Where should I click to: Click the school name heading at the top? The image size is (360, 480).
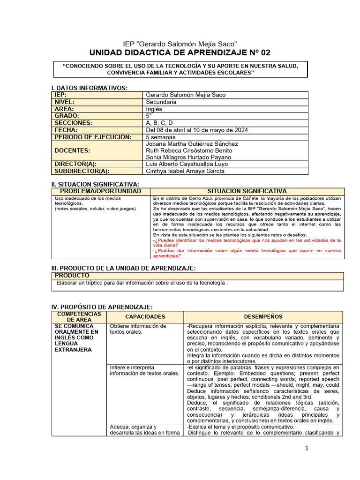point(180,44)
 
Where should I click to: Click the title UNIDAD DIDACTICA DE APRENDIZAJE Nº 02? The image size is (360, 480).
point(180,52)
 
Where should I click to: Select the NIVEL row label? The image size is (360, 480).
point(65,102)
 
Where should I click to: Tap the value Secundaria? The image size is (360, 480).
point(161,102)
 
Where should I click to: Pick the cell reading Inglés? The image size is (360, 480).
point(154,109)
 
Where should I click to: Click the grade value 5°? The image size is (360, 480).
point(149,116)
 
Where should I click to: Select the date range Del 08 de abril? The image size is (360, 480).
point(197,130)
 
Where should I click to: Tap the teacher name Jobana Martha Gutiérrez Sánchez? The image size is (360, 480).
point(192,144)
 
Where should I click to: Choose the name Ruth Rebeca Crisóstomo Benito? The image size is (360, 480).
point(189,150)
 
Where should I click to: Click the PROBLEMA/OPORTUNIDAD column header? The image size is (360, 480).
point(100,192)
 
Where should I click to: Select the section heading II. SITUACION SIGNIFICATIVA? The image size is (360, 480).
point(95,184)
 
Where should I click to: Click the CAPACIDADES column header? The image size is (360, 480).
point(145,317)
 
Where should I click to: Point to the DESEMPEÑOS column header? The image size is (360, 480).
point(263,317)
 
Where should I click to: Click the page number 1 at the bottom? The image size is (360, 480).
point(307,449)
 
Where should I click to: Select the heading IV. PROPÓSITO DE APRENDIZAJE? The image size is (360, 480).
point(102,307)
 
